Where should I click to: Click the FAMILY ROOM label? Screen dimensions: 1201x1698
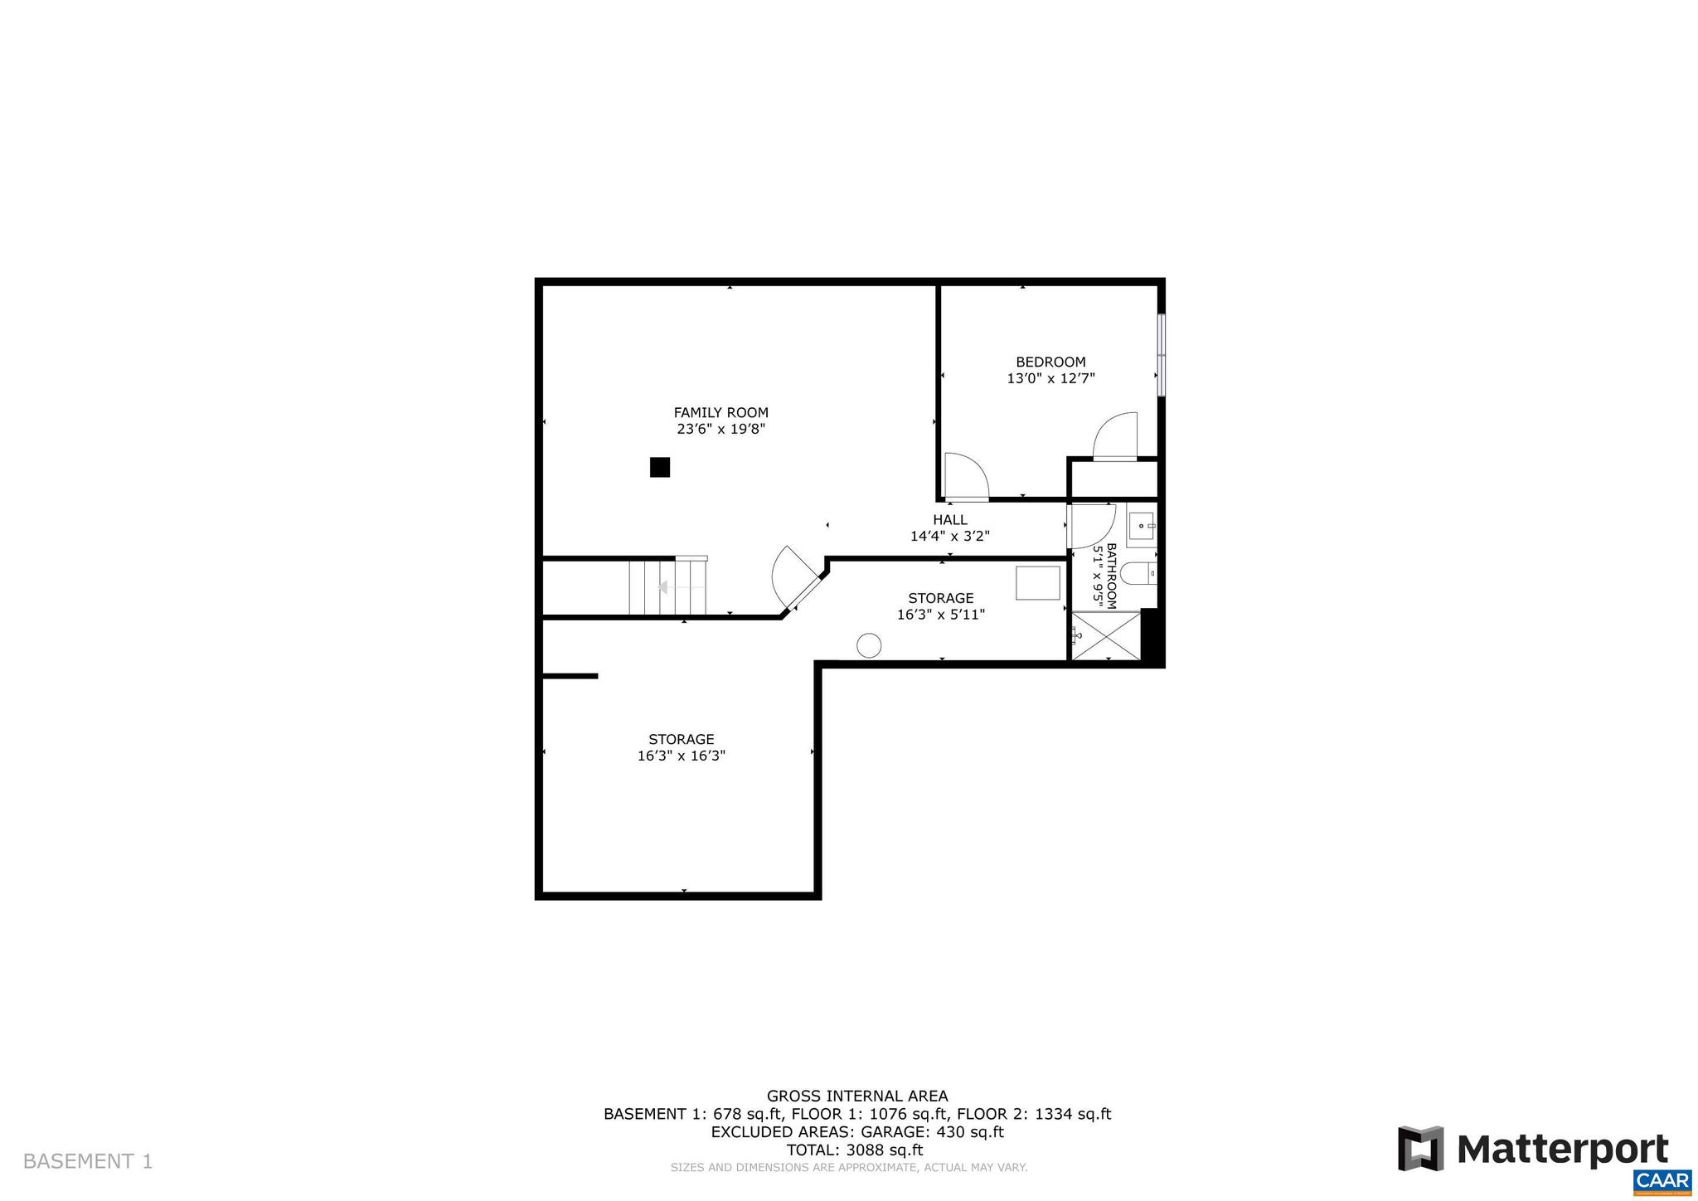(x=720, y=412)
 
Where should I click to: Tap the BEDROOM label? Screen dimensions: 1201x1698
(x=1050, y=362)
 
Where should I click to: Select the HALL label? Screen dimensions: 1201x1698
(x=949, y=520)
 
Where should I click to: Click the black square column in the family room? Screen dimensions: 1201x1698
(x=659, y=468)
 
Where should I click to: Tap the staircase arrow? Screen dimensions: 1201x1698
(x=663, y=587)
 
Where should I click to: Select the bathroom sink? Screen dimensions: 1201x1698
(x=1142, y=525)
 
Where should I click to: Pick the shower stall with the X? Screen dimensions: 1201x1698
(x=1106, y=636)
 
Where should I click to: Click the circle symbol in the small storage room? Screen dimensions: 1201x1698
(x=868, y=645)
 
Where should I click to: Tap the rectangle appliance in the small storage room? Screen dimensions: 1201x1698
(x=1038, y=582)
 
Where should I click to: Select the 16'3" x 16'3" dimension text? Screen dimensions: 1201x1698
(x=681, y=756)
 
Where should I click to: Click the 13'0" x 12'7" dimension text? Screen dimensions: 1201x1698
(x=1050, y=378)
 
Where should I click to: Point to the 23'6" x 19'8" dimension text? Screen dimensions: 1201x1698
(x=720, y=429)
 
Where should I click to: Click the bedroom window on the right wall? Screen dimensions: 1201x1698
(x=1162, y=354)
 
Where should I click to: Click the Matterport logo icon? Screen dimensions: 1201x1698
(x=1420, y=1149)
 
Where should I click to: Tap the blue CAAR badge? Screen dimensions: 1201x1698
(x=1662, y=1180)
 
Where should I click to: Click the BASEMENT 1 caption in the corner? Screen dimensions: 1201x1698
(x=88, y=1161)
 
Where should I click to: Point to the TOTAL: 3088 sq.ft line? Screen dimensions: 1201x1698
(x=854, y=1150)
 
